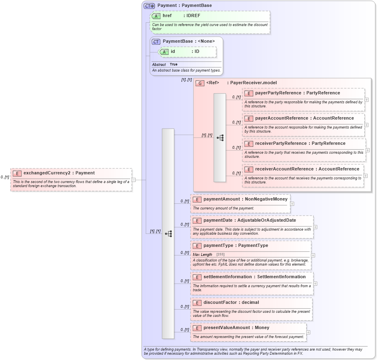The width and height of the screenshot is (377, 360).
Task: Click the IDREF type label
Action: [193, 15]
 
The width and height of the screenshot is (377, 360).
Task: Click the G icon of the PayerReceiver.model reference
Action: [200, 83]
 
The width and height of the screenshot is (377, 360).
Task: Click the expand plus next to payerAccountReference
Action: [366, 124]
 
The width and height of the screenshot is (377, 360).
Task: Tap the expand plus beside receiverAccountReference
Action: [366, 176]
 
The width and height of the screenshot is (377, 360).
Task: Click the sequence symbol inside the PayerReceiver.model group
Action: [220, 138]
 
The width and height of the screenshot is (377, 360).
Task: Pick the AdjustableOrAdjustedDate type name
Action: [267, 220]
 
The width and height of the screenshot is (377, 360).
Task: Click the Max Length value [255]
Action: [220, 254]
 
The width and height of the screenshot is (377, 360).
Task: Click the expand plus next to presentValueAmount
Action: [308, 332]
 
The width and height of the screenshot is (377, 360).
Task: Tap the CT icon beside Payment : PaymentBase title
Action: [149, 6]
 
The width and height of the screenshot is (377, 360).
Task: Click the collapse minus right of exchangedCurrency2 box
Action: [134, 180]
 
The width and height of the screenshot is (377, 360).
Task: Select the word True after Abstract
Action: [173, 64]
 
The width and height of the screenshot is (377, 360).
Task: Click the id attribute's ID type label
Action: [196, 52]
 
